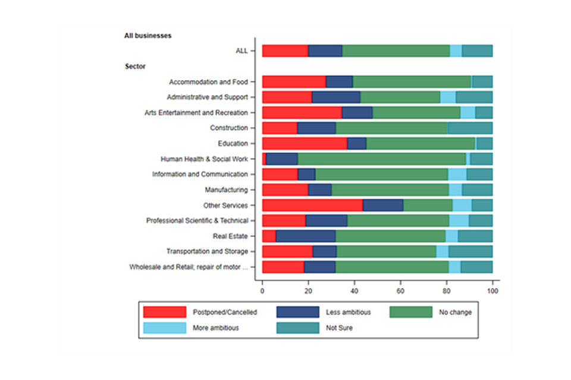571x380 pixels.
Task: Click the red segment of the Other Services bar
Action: coord(312,205)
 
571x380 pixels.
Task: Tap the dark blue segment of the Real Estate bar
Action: coord(306,236)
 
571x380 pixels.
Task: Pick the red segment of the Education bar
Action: coord(305,144)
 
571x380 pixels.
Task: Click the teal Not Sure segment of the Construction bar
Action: coord(470,128)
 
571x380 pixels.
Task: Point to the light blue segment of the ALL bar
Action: coord(456,51)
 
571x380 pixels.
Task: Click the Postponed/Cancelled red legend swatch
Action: coord(165,312)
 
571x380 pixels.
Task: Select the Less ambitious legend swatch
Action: coord(297,312)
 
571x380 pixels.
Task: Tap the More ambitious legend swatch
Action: coord(165,327)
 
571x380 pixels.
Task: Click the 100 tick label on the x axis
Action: coord(492,291)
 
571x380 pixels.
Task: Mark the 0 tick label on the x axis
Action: coord(262,291)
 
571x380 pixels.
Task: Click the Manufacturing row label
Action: coord(226,190)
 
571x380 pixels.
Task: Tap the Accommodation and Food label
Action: coord(208,82)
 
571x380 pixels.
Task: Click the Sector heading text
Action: coord(135,66)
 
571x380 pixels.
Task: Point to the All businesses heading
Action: coord(148,36)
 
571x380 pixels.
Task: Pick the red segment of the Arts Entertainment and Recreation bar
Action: coord(302,113)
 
